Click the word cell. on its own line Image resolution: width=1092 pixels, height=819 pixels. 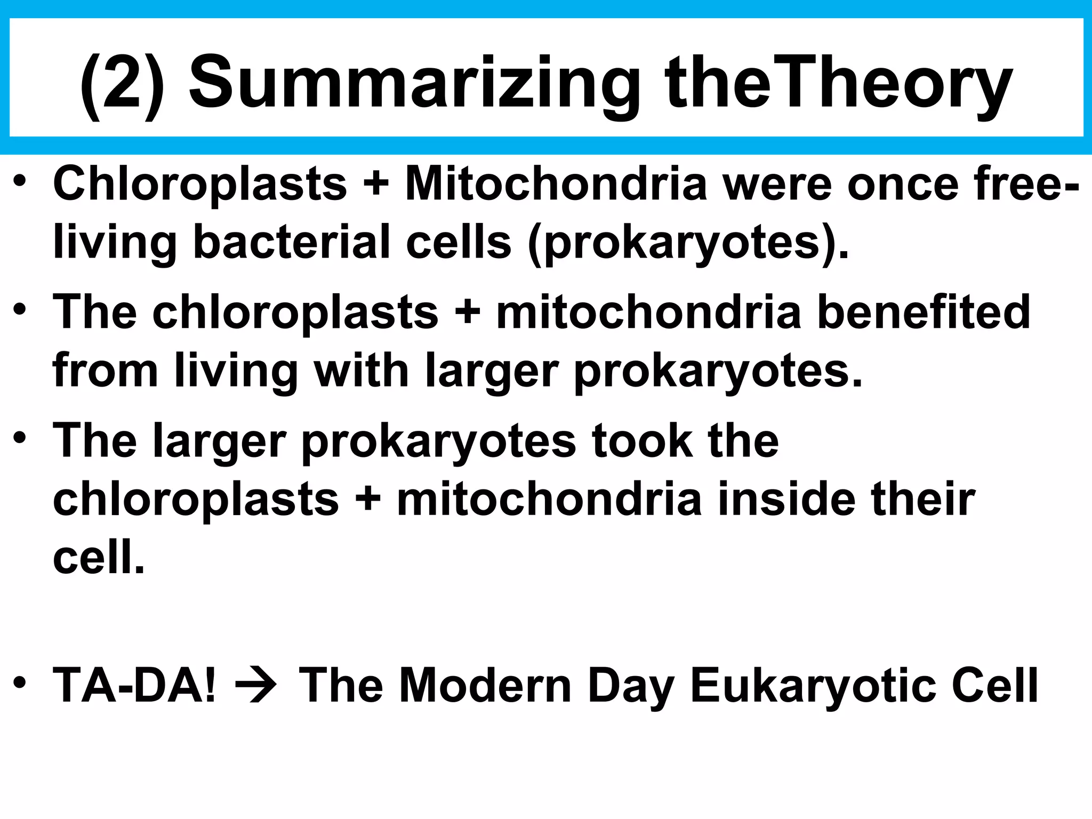coord(99,557)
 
